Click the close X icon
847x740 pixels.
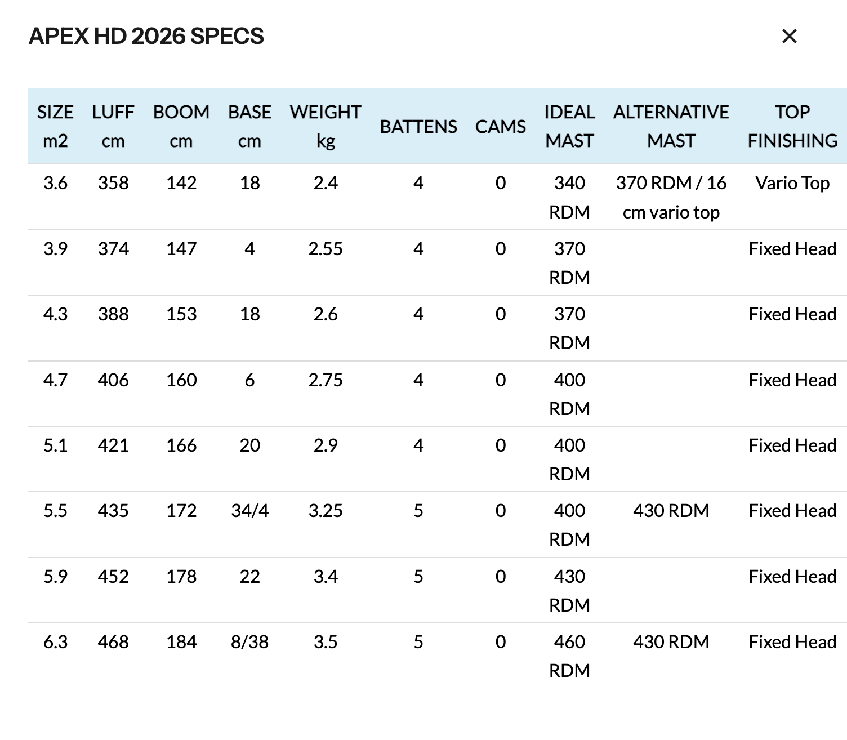point(790,37)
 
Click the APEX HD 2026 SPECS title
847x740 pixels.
point(146,36)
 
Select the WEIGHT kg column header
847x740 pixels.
point(326,126)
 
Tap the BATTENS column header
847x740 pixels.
point(418,127)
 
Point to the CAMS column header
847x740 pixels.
point(500,127)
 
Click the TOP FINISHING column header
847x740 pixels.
point(792,126)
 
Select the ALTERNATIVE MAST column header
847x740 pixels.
point(671,126)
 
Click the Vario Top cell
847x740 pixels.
point(792,183)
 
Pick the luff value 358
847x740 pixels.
point(113,183)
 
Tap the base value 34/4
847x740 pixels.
point(249,511)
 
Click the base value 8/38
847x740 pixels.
point(249,642)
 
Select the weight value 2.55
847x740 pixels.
point(326,249)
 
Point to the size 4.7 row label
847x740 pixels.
point(55,380)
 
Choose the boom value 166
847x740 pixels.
point(181,445)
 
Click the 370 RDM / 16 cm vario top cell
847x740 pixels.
point(671,198)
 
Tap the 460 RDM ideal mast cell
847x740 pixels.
point(569,656)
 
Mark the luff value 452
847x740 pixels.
point(113,577)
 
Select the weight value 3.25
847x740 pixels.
point(326,511)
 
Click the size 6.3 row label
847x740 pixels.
point(55,642)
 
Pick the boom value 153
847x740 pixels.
point(181,314)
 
